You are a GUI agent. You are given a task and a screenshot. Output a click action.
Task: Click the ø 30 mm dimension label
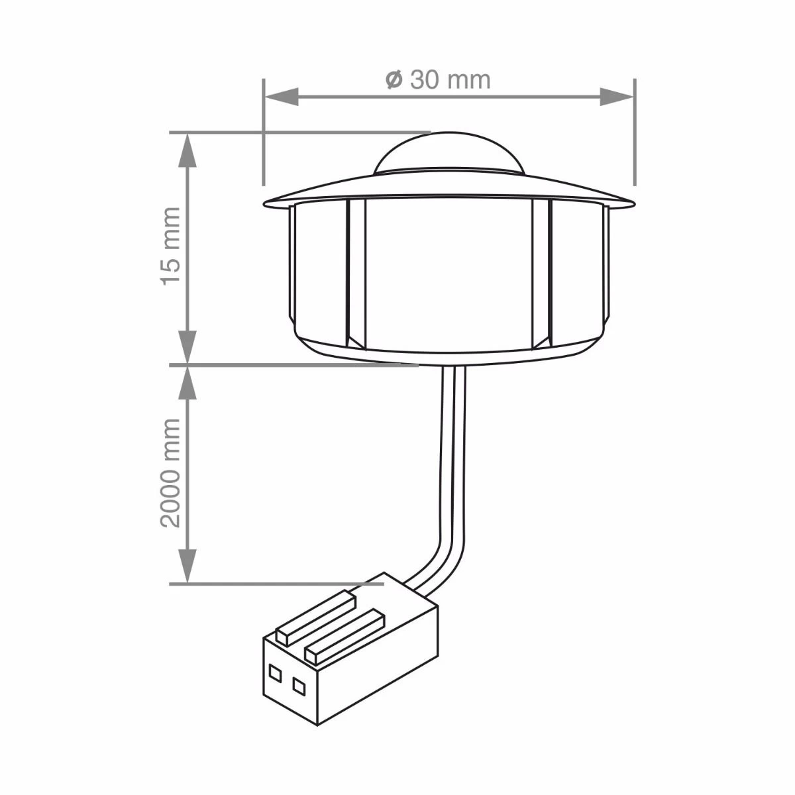[x=438, y=80]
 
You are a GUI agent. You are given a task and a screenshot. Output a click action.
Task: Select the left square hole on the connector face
[x=274, y=670]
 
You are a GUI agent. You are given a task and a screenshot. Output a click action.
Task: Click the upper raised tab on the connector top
[x=317, y=615]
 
